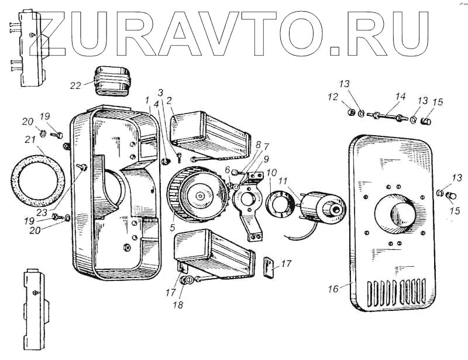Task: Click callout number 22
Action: [75, 86]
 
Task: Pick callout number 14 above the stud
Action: [400, 95]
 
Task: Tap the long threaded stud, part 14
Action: [388, 115]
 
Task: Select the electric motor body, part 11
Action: [320, 208]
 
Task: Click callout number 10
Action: [271, 174]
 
